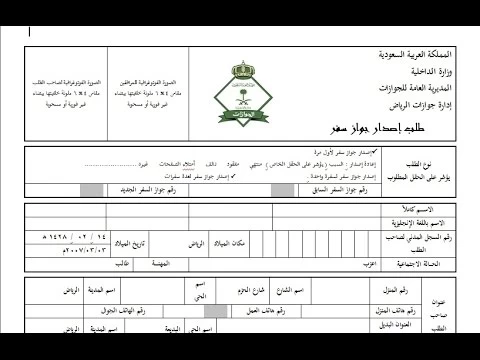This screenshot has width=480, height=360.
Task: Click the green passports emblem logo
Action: (245, 85)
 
